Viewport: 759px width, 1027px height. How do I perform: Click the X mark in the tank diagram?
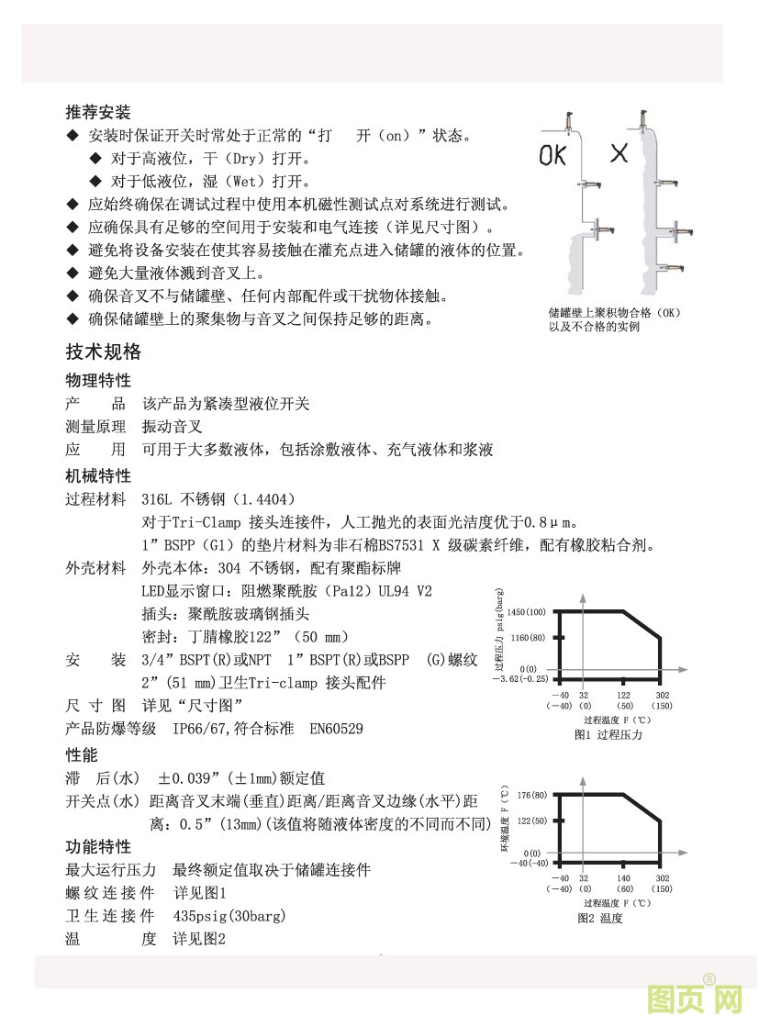(619, 153)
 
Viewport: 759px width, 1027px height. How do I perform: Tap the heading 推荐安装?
(98, 113)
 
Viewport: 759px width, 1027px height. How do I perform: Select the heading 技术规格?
(104, 352)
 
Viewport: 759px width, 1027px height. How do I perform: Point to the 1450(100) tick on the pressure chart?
(526, 611)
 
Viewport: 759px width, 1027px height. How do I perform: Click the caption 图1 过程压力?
(608, 735)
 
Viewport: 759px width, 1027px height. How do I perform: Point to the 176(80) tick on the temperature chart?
(531, 794)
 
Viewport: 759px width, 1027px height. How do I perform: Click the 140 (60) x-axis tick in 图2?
(624, 884)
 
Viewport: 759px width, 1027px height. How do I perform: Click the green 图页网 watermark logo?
(694, 999)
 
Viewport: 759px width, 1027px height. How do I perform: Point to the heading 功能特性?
(98, 846)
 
